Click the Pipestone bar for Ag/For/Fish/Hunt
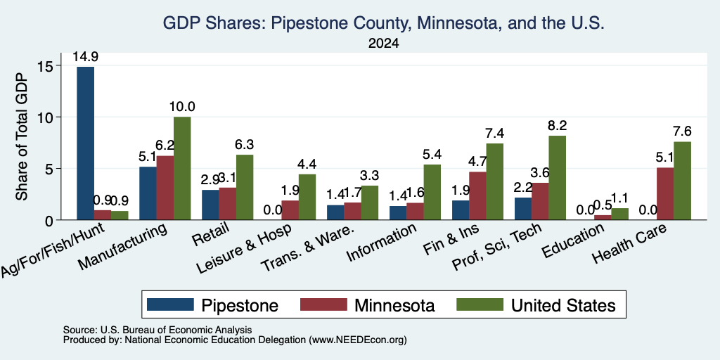coord(85,143)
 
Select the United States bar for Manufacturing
coord(182,169)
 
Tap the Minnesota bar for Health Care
coord(665,194)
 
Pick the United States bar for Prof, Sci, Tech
coord(558,178)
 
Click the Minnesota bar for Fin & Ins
coord(478,196)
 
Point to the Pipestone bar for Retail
coord(211,205)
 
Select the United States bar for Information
coord(432,193)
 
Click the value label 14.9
coord(86,57)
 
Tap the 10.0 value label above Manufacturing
coord(182,107)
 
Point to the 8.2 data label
coord(558,126)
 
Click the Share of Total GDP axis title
coord(22,136)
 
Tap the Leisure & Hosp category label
coord(243,249)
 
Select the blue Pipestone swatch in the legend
coord(170,304)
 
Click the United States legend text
coord(563,305)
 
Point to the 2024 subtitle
coord(383,44)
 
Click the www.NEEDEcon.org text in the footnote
coord(358,340)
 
